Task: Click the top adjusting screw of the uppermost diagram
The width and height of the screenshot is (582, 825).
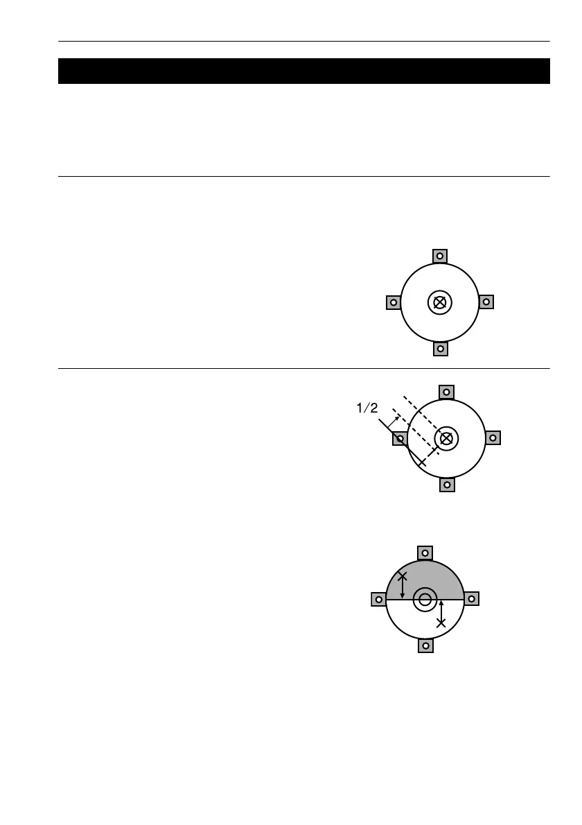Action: point(439,257)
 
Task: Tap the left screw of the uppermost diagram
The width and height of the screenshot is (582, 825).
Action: point(393,302)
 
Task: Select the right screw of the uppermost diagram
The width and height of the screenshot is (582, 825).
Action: point(486,302)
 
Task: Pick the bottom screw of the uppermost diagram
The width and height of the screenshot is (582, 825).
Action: point(439,349)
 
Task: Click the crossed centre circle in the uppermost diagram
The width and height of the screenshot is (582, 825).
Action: point(439,302)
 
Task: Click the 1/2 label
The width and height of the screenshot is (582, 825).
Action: point(367,409)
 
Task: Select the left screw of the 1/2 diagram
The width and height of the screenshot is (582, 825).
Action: point(400,438)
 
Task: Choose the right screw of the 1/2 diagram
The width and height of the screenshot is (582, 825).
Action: point(493,438)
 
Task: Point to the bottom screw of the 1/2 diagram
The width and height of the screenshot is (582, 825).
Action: point(447,485)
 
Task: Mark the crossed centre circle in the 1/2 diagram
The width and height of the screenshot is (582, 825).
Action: point(447,438)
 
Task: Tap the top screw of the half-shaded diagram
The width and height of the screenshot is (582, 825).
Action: point(425,553)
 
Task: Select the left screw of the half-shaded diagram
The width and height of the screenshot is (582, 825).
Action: point(378,599)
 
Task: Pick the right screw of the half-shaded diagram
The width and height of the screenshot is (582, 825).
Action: point(471,599)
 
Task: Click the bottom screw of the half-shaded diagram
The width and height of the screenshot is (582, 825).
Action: point(425,645)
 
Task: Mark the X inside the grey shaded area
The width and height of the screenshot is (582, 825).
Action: point(403,576)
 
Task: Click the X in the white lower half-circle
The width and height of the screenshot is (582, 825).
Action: point(441,623)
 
